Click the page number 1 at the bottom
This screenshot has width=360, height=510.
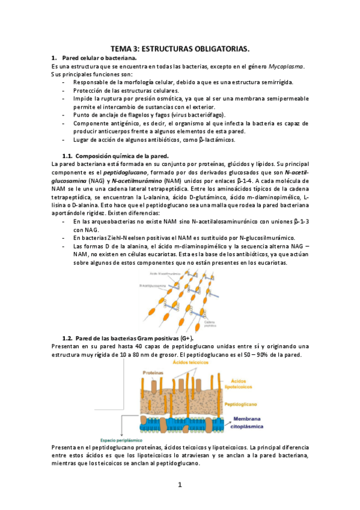tap(179, 484)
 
